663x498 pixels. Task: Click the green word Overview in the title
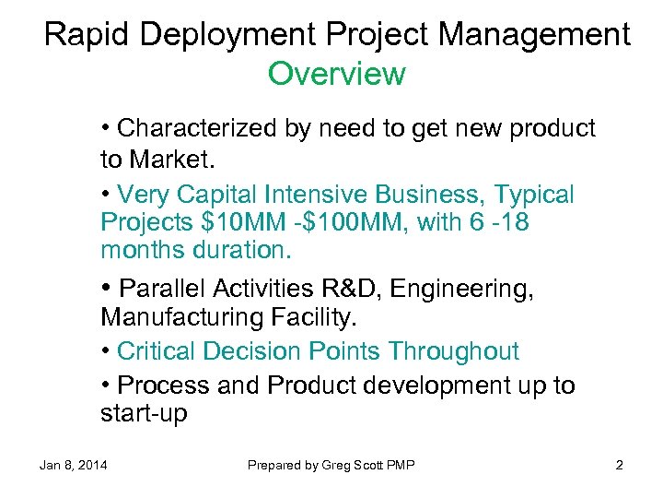tap(336, 74)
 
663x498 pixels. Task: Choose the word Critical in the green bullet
tap(159, 351)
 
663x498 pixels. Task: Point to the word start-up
tap(144, 414)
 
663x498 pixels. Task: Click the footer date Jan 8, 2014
tap(73, 465)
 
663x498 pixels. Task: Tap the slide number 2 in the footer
tap(620, 465)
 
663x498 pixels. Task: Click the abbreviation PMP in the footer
tap(401, 465)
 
